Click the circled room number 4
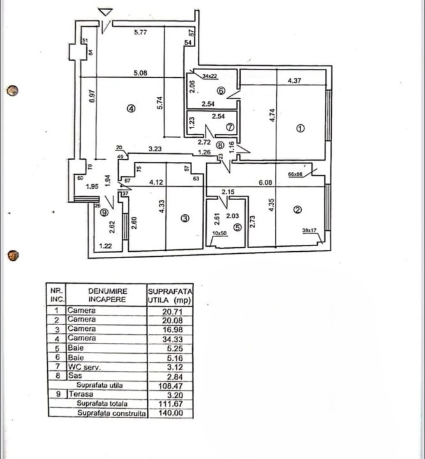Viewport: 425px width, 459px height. coord(131,109)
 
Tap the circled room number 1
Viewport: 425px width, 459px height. coord(301,128)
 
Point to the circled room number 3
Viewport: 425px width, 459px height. coord(185,219)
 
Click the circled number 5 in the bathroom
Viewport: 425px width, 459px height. coord(237,226)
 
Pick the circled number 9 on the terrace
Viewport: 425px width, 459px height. coord(104,213)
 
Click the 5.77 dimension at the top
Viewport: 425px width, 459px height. coord(141,33)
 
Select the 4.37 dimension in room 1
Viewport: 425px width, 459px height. coord(294,81)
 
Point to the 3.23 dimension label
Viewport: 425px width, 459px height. coord(154,150)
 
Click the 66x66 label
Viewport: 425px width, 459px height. coord(296,173)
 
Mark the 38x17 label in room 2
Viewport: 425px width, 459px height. coord(309,231)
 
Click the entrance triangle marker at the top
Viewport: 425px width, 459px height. coord(106,13)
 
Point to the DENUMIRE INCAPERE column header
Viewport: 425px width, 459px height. coord(107,294)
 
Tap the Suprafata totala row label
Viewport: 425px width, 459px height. coord(103,404)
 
